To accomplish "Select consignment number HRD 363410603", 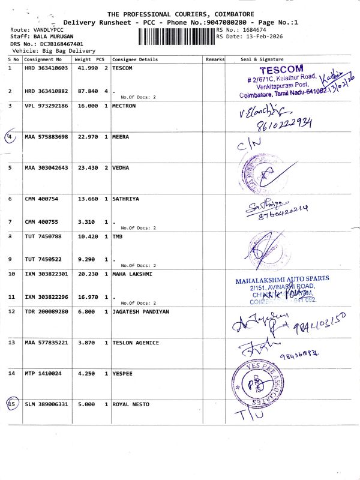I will tap(47, 68).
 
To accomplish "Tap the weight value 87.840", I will tap(86, 91).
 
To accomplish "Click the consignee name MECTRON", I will tap(124, 106).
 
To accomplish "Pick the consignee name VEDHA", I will tap(121, 168).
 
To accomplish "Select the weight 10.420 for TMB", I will tap(86, 237).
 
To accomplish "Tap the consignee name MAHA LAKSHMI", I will tap(132, 274).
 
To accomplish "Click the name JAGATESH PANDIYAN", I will tap(141, 311).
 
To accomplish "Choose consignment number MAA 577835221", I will tap(47, 343).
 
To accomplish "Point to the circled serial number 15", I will tap(11, 404).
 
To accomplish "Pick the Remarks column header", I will tap(215, 59).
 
